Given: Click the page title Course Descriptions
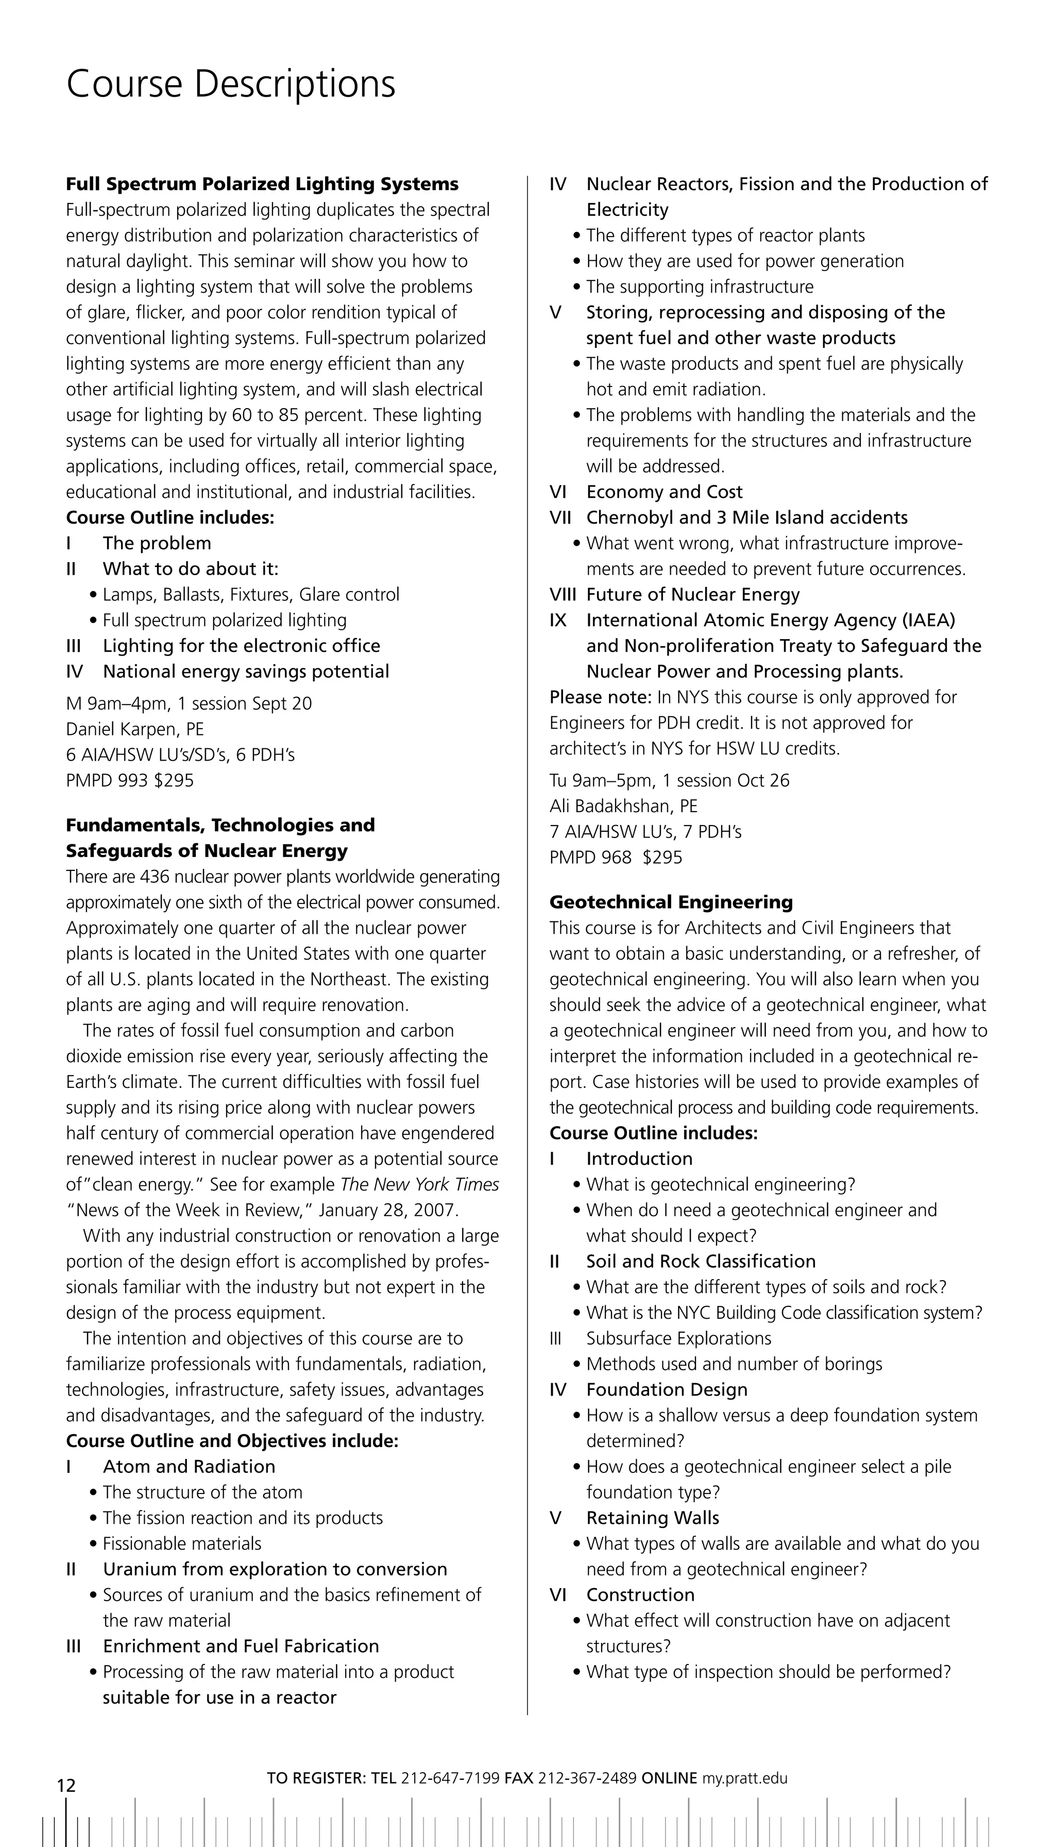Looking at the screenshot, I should pyautogui.click(x=230, y=84).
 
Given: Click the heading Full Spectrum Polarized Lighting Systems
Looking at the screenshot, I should pyautogui.click(x=262, y=184).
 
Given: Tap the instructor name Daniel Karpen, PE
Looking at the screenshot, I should pyautogui.click(x=135, y=729).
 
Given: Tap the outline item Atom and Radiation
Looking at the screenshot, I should pyautogui.click(x=189, y=1467).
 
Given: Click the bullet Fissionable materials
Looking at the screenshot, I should pyautogui.click(x=181, y=1544).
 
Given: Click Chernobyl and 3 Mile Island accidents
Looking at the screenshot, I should pyautogui.click(x=746, y=517).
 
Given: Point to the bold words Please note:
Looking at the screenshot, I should pyautogui.click(x=601, y=697).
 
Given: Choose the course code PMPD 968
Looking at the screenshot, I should pyautogui.click(x=590, y=858).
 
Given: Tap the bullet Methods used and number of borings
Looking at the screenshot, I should pyautogui.click(x=733, y=1364).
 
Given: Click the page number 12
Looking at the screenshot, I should pyautogui.click(x=66, y=1785).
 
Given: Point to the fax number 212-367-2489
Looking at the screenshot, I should pyautogui.click(x=587, y=1778).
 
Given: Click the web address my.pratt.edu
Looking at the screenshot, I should pyautogui.click(x=743, y=1778).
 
